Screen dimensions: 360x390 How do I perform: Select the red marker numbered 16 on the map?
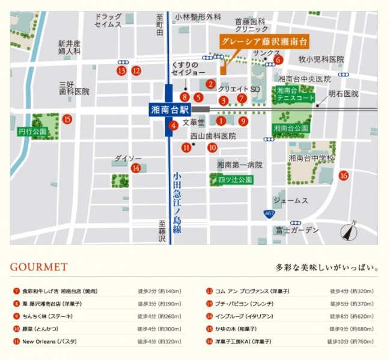[343, 175]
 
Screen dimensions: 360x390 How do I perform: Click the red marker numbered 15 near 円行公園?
[67, 119]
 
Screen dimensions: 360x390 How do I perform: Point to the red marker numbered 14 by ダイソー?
[136, 168]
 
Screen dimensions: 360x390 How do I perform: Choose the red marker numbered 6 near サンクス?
[278, 59]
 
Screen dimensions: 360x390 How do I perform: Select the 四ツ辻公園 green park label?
[231, 180]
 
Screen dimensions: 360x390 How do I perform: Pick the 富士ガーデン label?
[297, 230]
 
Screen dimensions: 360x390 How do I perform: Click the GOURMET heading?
[39, 267]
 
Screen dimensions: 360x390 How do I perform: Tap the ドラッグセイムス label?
[108, 20]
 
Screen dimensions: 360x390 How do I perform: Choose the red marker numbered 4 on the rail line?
[173, 126]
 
